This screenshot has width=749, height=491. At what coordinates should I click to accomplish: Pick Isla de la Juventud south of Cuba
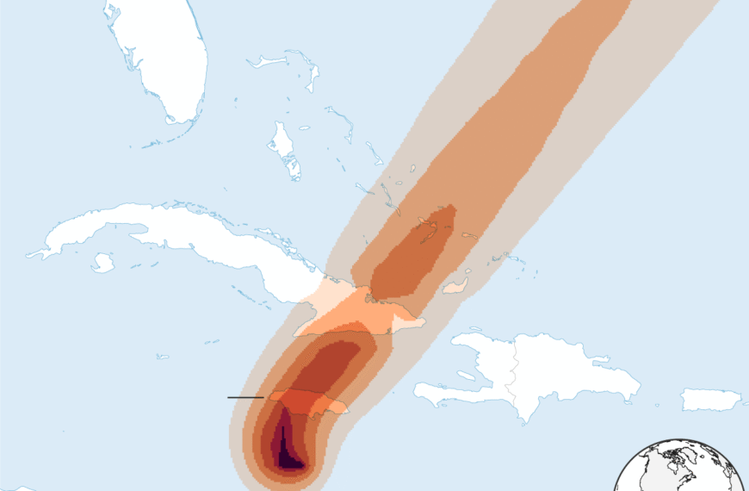pyautogui.click(x=102, y=262)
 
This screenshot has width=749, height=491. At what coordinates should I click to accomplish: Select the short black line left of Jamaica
pyautogui.click(x=245, y=397)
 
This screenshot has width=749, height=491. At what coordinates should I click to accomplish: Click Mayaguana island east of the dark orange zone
pyautogui.click(x=469, y=235)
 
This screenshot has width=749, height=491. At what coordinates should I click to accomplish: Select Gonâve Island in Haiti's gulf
pyautogui.click(x=465, y=376)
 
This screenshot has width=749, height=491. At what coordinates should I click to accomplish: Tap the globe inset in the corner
pyautogui.click(x=680, y=469)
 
